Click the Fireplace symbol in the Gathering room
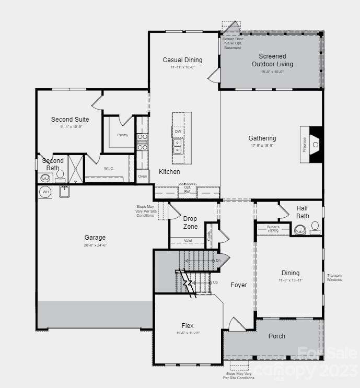[x=315, y=142]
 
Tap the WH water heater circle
[x=45, y=192]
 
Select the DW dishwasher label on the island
[x=178, y=132]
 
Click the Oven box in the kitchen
[x=143, y=177]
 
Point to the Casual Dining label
[x=182, y=60]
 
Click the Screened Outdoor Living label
[x=272, y=60]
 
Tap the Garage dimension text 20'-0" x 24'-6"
[x=95, y=244]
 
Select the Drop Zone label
[x=190, y=222]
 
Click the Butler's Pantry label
[x=273, y=229]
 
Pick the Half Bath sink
[x=299, y=229]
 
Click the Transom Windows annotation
[x=334, y=277]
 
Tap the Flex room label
[x=188, y=325]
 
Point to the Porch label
[x=277, y=336]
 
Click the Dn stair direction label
[x=218, y=260]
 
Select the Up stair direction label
[x=215, y=282]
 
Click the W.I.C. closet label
[x=109, y=168]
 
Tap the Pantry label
[x=123, y=135]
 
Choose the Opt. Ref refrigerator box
[x=187, y=190]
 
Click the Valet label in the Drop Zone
[x=187, y=241]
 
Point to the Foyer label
[x=239, y=285]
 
